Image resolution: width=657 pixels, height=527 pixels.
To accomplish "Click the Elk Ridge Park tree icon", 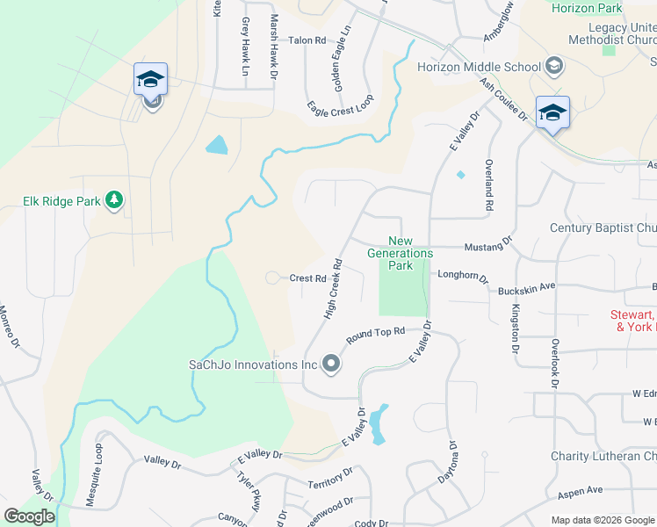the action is pos(113,200).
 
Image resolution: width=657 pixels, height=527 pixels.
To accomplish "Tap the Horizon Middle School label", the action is pos(479,67).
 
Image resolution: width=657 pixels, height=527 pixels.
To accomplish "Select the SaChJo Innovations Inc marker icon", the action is pos(330,364).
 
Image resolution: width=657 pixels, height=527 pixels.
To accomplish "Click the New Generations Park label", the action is pos(412,253).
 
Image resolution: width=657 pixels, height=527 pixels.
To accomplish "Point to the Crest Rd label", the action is pos(308,278).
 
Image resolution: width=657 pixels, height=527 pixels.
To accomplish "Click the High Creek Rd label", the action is pos(332,288).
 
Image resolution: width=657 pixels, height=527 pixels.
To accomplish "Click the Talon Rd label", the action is pos(307,40).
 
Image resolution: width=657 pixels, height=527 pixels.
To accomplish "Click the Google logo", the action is pos(30,516).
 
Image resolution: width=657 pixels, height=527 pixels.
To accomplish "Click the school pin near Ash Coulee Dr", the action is pos(552,112).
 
